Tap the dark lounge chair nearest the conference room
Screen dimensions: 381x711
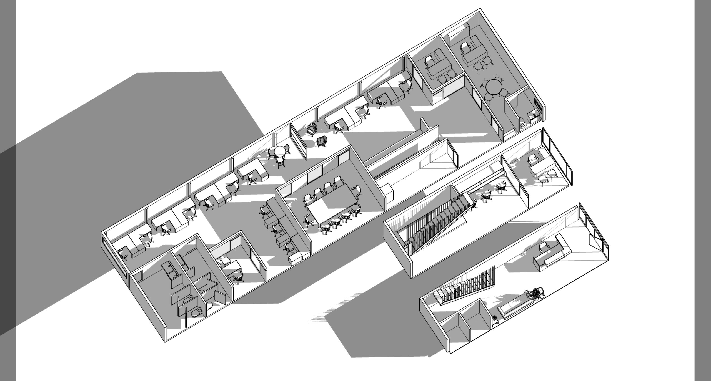coord(322,141)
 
